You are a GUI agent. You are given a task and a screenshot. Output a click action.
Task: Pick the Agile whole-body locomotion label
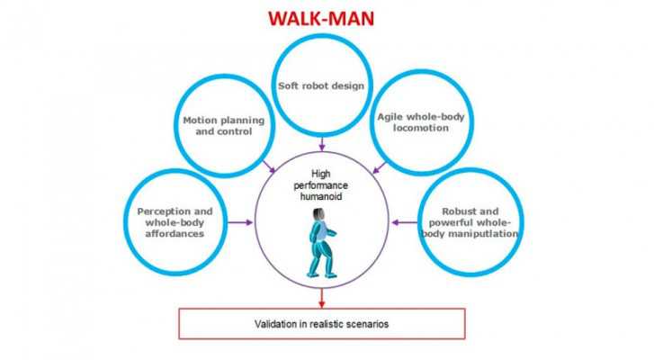(421, 122)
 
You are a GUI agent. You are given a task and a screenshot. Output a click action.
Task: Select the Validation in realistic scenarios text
(321, 322)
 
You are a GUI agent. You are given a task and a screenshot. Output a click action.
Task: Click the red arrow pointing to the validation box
(321, 296)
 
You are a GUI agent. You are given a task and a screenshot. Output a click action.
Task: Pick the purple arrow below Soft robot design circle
(321, 143)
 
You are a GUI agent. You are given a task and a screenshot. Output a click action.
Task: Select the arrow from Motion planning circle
(268, 166)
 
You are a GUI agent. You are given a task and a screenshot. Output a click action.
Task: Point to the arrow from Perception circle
(241, 220)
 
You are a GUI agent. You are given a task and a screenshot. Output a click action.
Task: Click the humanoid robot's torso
(319, 236)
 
